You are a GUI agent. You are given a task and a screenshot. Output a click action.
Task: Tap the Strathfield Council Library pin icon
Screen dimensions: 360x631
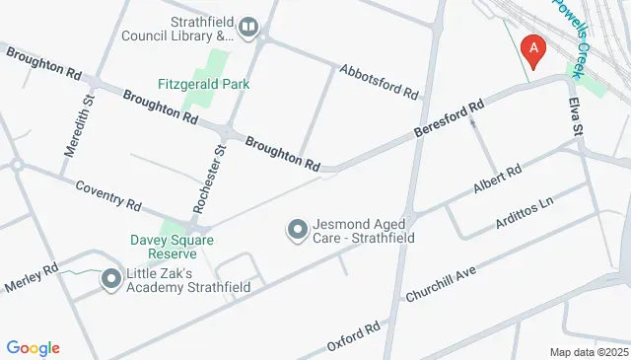[x=246, y=29]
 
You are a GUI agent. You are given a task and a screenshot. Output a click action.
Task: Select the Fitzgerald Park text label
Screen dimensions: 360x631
[x=204, y=84]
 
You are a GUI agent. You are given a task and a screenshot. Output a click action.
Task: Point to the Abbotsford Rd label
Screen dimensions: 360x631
[x=380, y=82]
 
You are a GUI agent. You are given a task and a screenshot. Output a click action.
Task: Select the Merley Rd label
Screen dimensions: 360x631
[x=32, y=275]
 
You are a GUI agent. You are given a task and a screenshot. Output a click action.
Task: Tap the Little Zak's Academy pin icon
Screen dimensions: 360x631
[x=110, y=282]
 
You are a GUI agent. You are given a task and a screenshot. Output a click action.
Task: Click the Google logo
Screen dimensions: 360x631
[x=33, y=347]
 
